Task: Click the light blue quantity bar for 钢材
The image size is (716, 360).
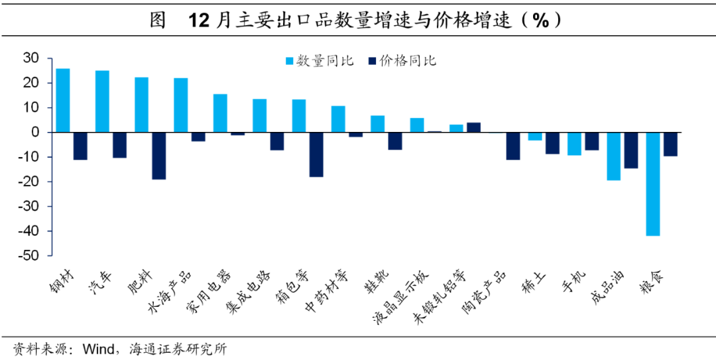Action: click(x=63, y=100)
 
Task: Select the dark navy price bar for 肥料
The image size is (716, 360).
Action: click(x=158, y=156)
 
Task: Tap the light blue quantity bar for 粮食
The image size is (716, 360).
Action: click(x=653, y=184)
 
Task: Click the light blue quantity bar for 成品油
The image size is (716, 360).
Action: click(x=614, y=156)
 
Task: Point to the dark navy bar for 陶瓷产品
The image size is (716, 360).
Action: click(x=513, y=146)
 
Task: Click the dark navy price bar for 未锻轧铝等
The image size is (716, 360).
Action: click(x=473, y=127)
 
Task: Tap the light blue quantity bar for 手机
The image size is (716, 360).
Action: click(x=574, y=143)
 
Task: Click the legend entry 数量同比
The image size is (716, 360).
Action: click(x=318, y=61)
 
